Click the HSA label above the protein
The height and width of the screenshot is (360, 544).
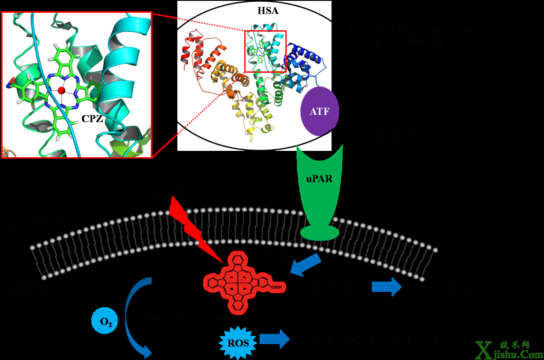pyautogui.click(x=268, y=11)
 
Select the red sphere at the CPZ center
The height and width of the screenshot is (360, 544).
pyautogui.click(x=62, y=90)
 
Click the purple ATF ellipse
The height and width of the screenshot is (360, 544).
pyautogui.click(x=320, y=111)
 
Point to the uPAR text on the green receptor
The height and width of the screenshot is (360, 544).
pyautogui.click(x=319, y=179)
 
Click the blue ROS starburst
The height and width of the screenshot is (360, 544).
pyautogui.click(x=238, y=343)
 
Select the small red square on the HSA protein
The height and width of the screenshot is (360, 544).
pyautogui.click(x=265, y=51)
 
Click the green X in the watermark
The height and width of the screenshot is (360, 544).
pyautogui.click(x=488, y=349)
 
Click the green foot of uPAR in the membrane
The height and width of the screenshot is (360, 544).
pyautogui.click(x=319, y=232)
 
